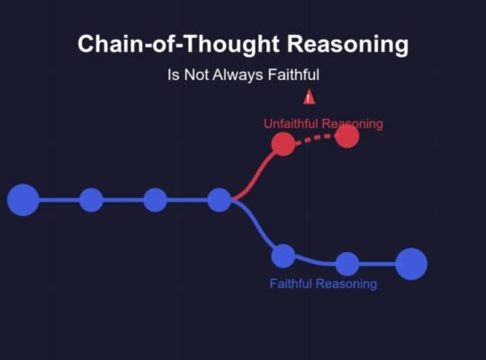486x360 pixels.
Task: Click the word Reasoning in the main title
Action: [x=347, y=44]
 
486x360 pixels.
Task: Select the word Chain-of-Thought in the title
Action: [x=178, y=44]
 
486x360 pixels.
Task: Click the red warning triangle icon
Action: [x=309, y=96]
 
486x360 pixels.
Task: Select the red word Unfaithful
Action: [x=291, y=123]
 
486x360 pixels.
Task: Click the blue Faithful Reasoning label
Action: [x=323, y=283]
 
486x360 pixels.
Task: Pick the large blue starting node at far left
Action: [x=23, y=200]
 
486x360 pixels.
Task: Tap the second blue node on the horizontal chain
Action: [x=92, y=200]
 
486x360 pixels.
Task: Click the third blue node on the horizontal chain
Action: [x=156, y=200]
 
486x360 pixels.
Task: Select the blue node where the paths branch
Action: [x=220, y=200]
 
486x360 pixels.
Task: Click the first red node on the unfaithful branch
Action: [x=283, y=144]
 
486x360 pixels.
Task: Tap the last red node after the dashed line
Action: [x=347, y=136]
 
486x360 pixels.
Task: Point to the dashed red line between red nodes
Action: [x=315, y=138]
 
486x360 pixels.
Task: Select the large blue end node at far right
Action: [x=411, y=264]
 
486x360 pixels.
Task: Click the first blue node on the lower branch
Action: [x=283, y=256]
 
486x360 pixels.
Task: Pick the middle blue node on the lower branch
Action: [x=347, y=264]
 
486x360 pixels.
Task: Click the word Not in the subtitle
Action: [x=197, y=75]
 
